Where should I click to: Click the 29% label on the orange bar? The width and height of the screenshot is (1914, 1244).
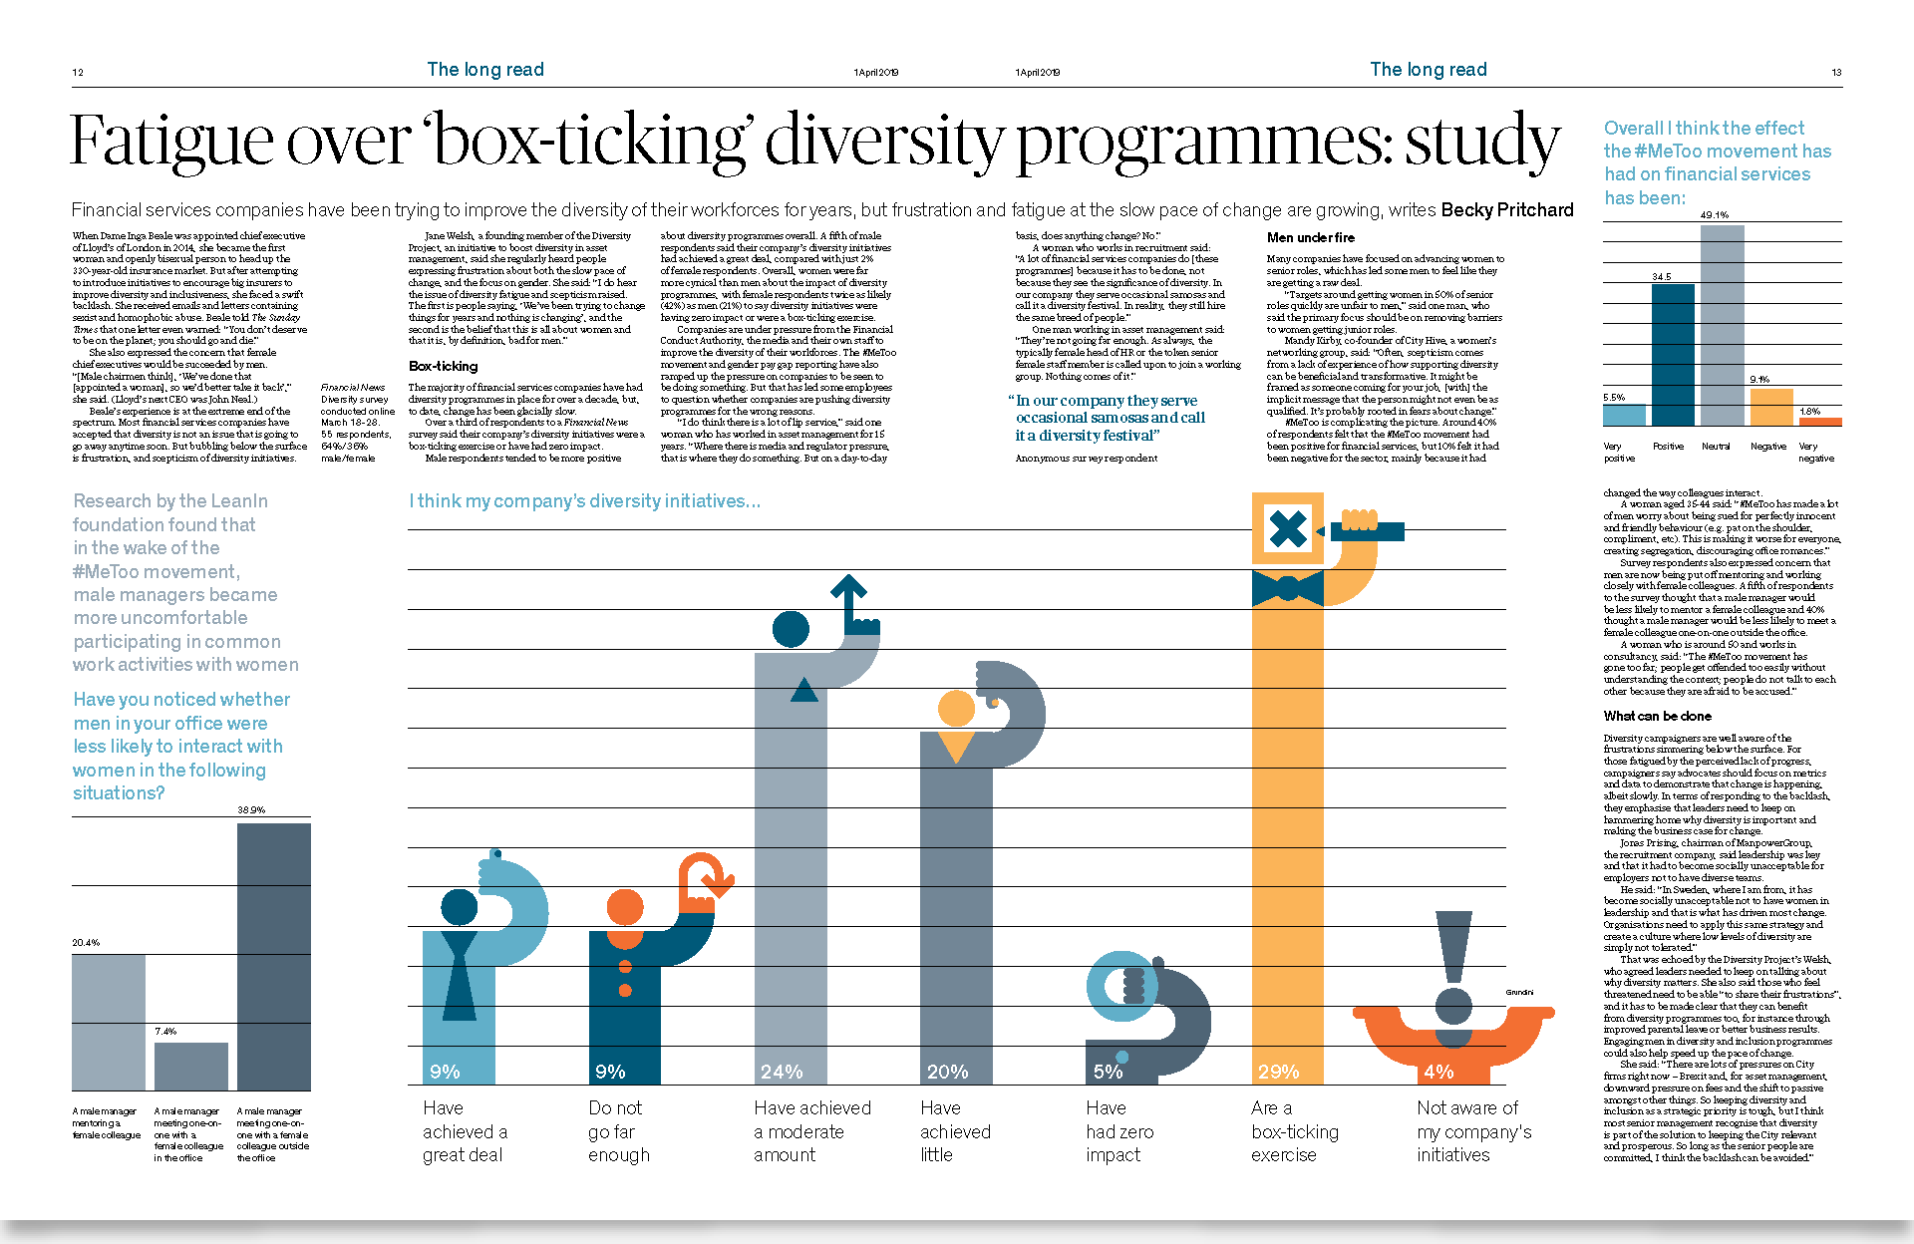(x=1278, y=1072)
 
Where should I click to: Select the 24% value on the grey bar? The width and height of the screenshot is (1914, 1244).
(x=781, y=1072)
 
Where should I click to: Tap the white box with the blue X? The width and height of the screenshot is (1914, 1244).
(x=1287, y=528)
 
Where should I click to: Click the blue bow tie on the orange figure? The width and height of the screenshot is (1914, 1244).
(x=1287, y=588)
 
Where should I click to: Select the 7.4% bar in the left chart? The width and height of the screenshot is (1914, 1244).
(x=190, y=1066)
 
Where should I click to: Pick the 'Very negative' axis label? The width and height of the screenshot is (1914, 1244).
(x=1814, y=453)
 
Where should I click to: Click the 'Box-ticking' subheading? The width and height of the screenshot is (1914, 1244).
(x=443, y=366)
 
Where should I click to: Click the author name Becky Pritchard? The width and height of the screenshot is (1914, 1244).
(x=1506, y=209)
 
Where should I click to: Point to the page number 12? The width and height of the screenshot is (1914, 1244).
(x=78, y=72)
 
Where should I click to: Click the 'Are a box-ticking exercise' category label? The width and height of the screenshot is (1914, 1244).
(x=1294, y=1131)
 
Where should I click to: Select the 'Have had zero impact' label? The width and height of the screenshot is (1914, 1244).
(x=1118, y=1131)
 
